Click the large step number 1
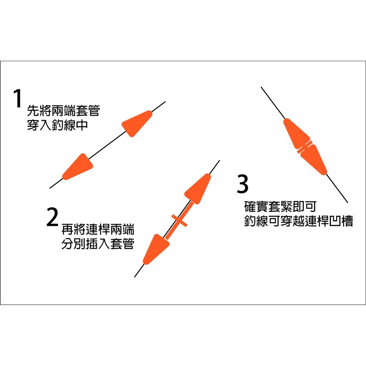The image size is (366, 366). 17,98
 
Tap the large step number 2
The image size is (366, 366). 52,217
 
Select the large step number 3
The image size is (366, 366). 243,184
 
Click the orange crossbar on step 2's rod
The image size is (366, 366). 179,221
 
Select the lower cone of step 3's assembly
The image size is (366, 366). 313,160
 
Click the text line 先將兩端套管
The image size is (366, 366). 64,110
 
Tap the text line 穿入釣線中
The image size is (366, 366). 58,125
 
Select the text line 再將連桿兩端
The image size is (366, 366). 98,229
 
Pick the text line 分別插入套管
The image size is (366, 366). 98,243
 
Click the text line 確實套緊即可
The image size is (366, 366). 280,206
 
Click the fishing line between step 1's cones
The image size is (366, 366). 108,145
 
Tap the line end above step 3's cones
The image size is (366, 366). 261,87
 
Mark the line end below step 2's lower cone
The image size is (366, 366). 134,277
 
